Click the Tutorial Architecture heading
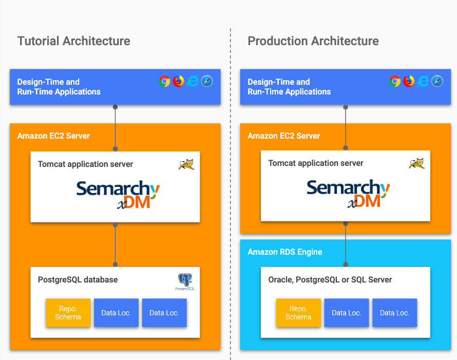[74, 41]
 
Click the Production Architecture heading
[313, 41]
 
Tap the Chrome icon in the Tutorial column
[164, 81]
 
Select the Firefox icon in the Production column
[409, 81]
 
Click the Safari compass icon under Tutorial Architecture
[207, 81]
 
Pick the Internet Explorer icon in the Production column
[423, 81]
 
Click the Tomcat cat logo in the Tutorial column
[186, 164]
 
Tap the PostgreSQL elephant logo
[185, 281]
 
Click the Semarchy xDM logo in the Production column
[348, 193]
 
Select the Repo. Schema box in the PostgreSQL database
[68, 313]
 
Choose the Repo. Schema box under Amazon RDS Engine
[298, 313]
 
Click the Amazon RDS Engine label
[285, 252]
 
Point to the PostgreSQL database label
[78, 280]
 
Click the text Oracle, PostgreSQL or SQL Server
[330, 280]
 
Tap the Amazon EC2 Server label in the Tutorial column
[53, 136]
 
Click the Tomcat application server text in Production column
[316, 163]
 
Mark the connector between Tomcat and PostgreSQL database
[116, 244]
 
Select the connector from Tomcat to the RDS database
[346, 244]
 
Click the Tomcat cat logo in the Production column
[417, 163]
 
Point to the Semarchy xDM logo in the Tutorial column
[118, 195]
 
